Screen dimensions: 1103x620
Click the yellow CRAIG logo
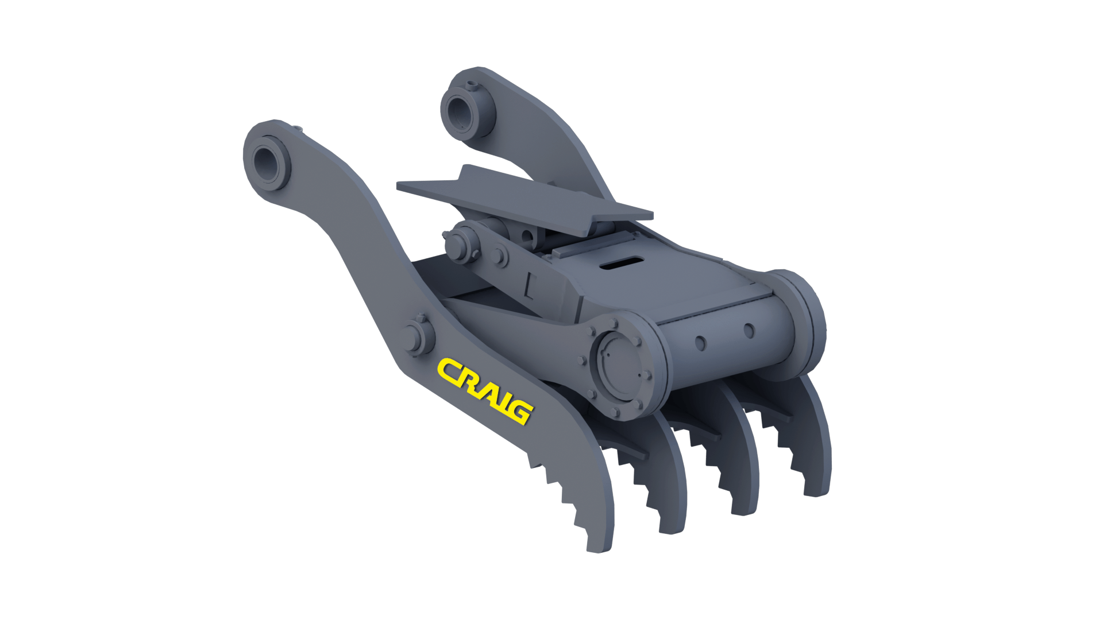pos(485,391)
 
